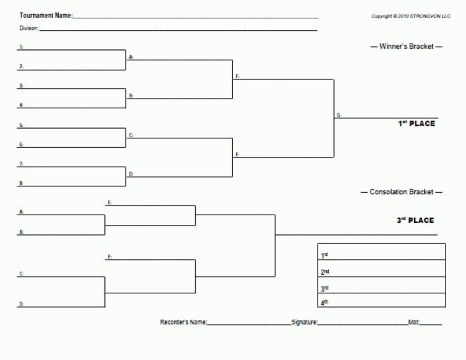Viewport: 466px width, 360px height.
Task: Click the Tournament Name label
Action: pyautogui.click(x=45, y=15)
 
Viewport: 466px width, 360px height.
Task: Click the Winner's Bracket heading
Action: pyautogui.click(x=406, y=46)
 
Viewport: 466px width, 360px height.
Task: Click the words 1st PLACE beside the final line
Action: pyautogui.click(x=416, y=124)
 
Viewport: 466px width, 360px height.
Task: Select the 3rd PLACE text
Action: pyautogui.click(x=415, y=220)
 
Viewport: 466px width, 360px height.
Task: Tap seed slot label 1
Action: pyautogui.click(x=21, y=47)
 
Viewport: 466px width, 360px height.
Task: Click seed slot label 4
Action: pyautogui.click(x=21, y=105)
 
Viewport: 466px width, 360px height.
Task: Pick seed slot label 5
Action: pyautogui.click(x=21, y=126)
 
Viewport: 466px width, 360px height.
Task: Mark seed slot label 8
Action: pyautogui.click(x=21, y=184)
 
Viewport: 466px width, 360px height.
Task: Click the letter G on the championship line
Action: pyautogui.click(x=339, y=115)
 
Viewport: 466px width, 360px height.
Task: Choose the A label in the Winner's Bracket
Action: pyautogui.click(x=131, y=57)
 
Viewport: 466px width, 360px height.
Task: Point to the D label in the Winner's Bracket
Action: pyautogui.click(x=131, y=174)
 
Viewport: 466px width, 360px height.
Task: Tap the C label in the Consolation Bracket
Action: pyautogui.click(x=21, y=274)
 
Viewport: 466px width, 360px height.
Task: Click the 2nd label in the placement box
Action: pyautogui.click(x=325, y=272)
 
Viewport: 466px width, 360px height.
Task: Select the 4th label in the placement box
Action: pyautogui.click(x=325, y=302)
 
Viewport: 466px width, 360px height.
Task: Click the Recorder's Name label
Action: pyautogui.click(x=183, y=322)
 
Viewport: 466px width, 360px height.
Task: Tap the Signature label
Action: pyautogui.click(x=304, y=322)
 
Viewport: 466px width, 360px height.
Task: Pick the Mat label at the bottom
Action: pyautogui.click(x=414, y=322)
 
